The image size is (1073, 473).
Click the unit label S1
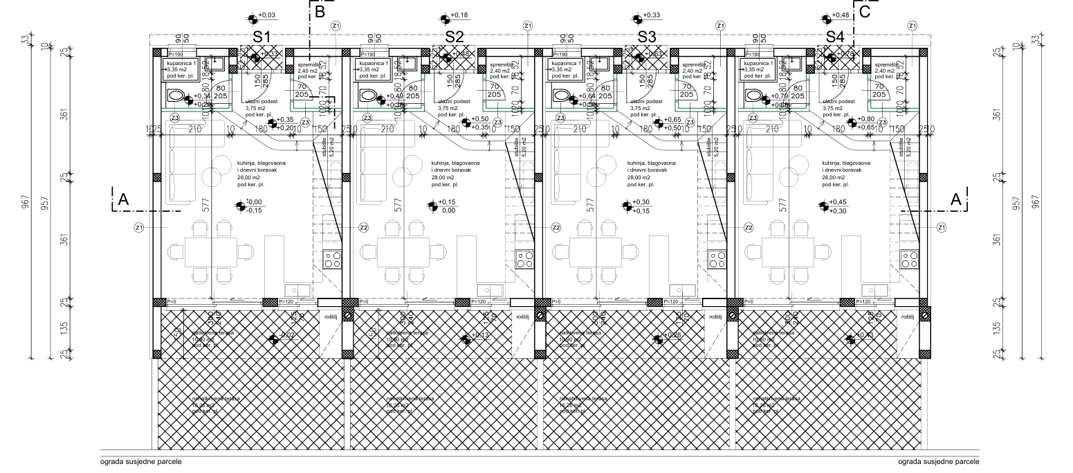coord(262,36)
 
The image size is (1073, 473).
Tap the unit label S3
coord(647,36)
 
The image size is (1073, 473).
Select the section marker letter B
coord(320,12)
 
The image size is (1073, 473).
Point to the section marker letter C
coord(864,12)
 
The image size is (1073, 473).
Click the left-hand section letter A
coord(123,199)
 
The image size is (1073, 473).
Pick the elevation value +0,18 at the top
coord(459,15)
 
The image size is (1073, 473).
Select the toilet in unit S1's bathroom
coord(176,96)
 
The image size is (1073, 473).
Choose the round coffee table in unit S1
coord(222,165)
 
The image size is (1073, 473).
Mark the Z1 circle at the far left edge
coord(138,227)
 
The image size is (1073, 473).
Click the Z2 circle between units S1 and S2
coord(363,227)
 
